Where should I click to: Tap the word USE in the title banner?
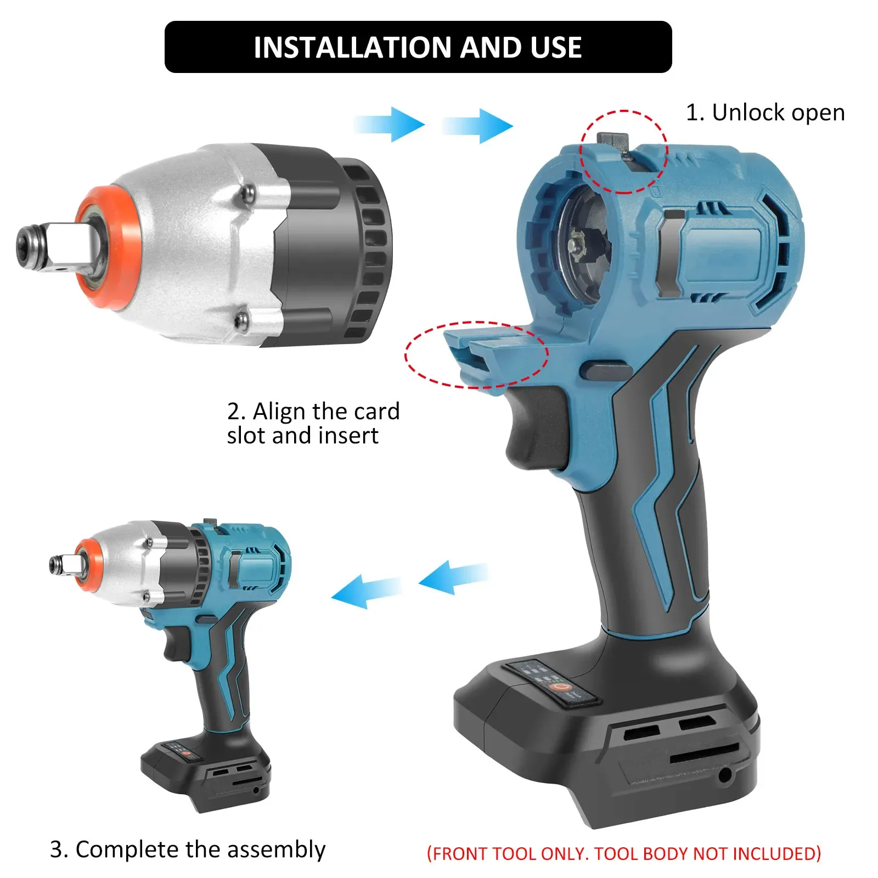[x=556, y=48]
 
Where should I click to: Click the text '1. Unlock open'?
[x=765, y=113]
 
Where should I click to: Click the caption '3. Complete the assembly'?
[x=187, y=849]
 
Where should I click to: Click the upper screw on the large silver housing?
[x=249, y=192]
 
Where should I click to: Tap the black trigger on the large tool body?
[x=532, y=428]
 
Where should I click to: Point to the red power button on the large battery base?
[x=560, y=687]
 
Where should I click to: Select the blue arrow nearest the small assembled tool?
[x=365, y=591]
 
